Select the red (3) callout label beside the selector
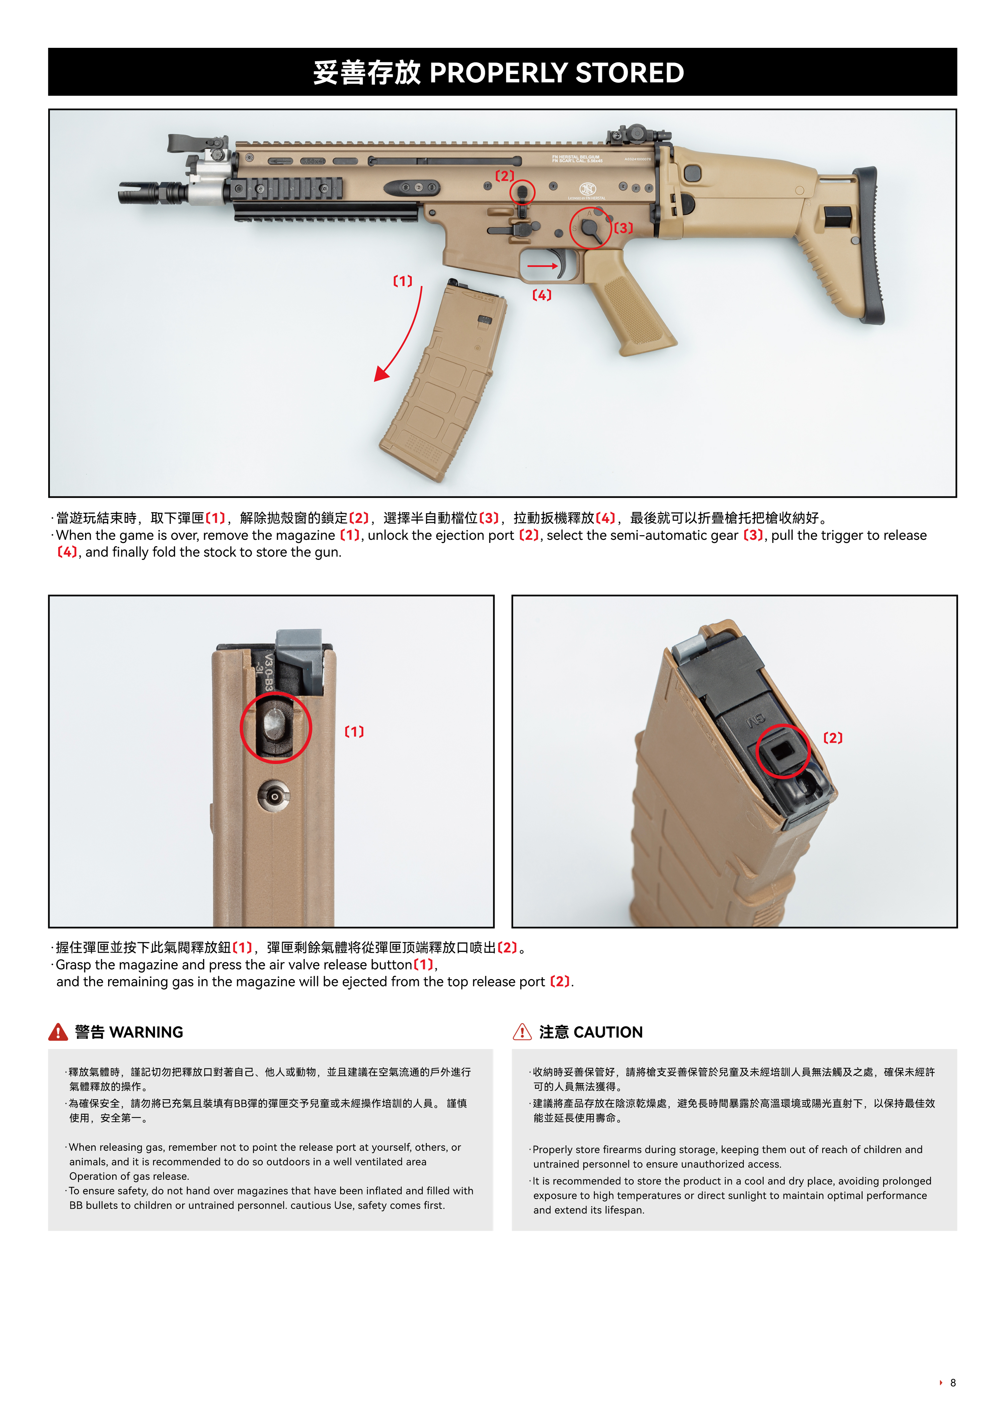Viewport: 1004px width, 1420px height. pyautogui.click(x=623, y=228)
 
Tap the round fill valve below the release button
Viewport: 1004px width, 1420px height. pyautogui.click(x=274, y=796)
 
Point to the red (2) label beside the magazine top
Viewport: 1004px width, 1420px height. pyautogui.click(x=833, y=738)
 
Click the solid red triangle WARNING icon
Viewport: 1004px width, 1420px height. pyautogui.click(x=58, y=1032)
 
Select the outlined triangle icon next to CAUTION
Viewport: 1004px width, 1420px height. pyautogui.click(x=522, y=1032)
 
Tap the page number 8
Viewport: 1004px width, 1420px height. pyautogui.click(x=953, y=1383)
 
